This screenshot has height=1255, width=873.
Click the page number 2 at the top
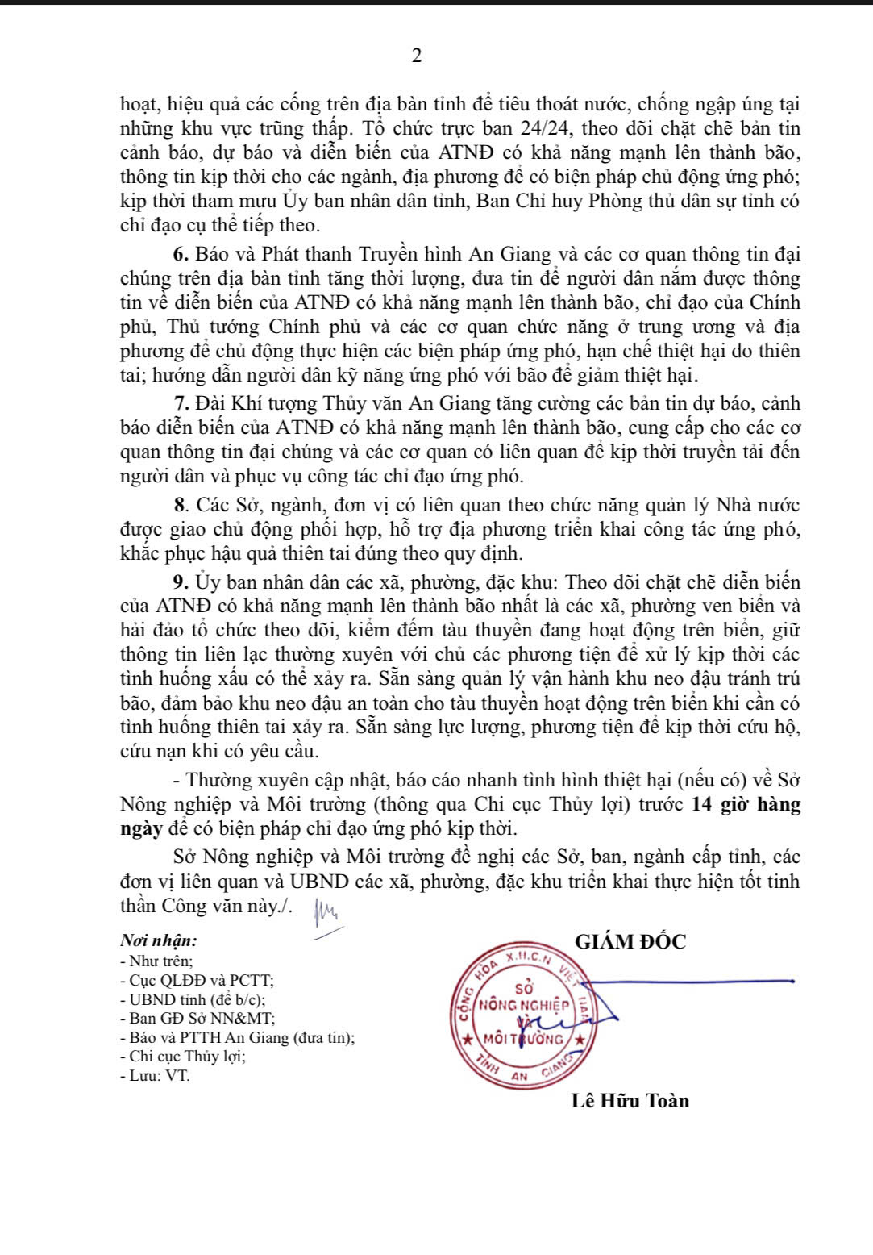pyautogui.click(x=417, y=56)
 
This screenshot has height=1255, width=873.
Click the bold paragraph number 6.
pyautogui.click(x=180, y=255)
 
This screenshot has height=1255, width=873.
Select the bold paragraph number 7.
pyautogui.click(x=180, y=404)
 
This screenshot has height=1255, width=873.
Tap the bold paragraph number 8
pyautogui.click(x=180, y=506)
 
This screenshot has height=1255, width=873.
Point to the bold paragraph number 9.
pyautogui.click(x=180, y=582)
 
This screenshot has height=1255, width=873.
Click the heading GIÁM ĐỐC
pyautogui.click(x=630, y=942)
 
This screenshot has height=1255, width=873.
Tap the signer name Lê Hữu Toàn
pyautogui.click(x=630, y=1101)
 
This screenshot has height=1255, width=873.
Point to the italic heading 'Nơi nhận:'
pyautogui.click(x=158, y=940)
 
